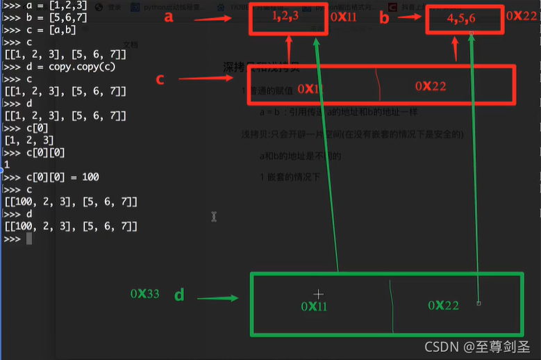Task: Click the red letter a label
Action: click(x=168, y=17)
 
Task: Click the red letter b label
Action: click(x=384, y=19)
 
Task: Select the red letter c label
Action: click(x=160, y=79)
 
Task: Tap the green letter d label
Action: click(x=179, y=295)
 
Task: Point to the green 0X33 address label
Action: click(x=144, y=294)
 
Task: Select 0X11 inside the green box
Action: click(x=315, y=306)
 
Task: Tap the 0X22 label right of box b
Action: click(x=522, y=15)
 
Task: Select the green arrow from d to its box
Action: click(x=218, y=298)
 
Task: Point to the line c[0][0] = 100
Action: click(x=51, y=177)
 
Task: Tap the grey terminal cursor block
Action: click(x=29, y=239)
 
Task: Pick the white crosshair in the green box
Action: click(x=318, y=294)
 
